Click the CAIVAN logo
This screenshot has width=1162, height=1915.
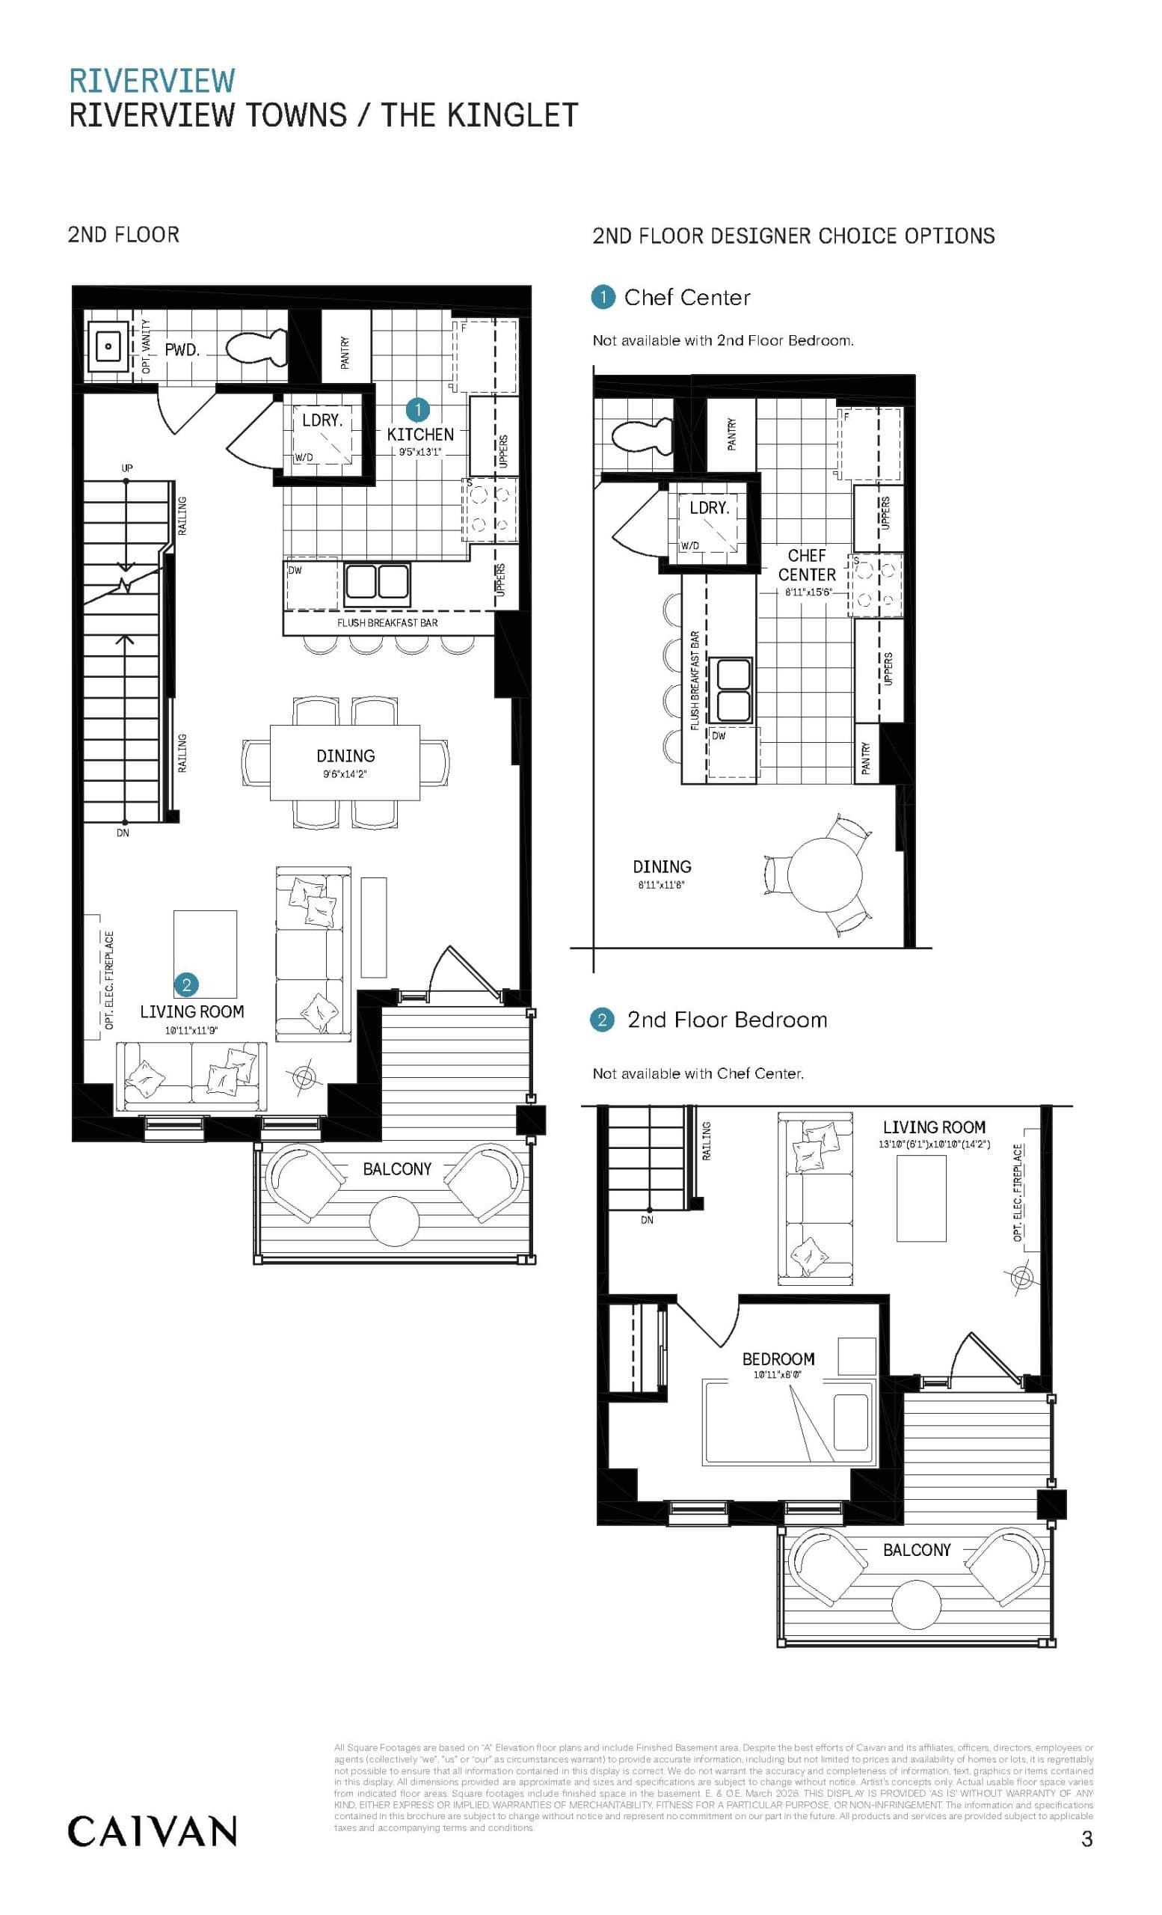(x=153, y=1832)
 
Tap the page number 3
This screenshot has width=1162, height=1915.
(x=1086, y=1839)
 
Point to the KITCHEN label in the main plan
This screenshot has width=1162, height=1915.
(x=420, y=435)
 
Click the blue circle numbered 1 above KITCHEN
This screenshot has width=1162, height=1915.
(x=418, y=410)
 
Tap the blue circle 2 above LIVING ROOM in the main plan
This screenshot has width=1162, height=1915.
(x=186, y=985)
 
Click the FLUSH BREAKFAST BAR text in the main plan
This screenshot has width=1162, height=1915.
(x=387, y=622)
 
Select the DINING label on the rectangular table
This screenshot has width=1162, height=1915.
(x=345, y=756)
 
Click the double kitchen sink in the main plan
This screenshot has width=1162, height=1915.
(x=377, y=583)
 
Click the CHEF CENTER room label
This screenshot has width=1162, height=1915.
(x=806, y=565)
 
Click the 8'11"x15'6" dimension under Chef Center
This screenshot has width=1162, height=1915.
(x=808, y=592)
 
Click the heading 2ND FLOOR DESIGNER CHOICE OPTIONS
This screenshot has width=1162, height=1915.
(x=793, y=236)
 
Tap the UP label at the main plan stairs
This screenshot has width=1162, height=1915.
(x=126, y=468)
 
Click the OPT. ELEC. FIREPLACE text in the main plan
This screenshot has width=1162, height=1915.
(x=109, y=980)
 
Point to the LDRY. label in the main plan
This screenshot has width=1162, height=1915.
(x=322, y=420)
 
